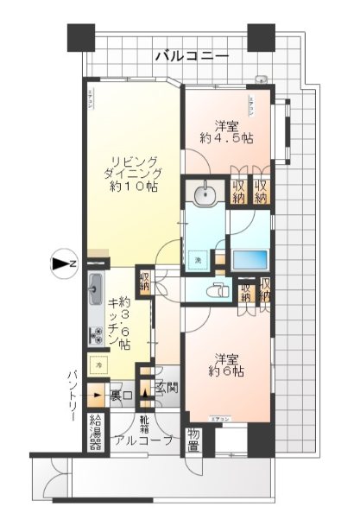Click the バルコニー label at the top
click(192, 56)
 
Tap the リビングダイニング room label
click(126, 172)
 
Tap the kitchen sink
click(95, 292)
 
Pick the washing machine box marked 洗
click(199, 259)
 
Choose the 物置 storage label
click(194, 440)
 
